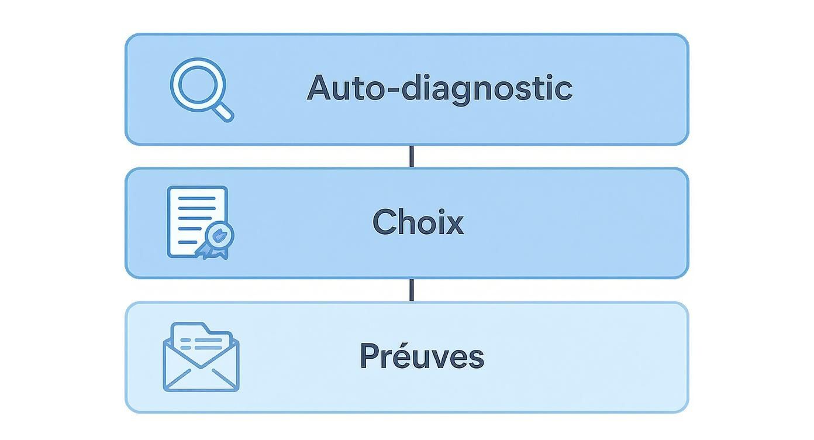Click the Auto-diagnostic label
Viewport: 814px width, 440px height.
(x=439, y=88)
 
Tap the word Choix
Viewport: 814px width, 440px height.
(x=418, y=222)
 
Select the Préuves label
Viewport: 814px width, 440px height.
(x=422, y=356)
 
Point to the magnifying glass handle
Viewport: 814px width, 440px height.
(x=223, y=111)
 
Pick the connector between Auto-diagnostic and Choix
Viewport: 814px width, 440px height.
(x=412, y=156)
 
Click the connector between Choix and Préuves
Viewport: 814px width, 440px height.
(x=412, y=290)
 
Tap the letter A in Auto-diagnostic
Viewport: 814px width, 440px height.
(x=320, y=88)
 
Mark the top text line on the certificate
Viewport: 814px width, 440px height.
(x=196, y=199)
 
